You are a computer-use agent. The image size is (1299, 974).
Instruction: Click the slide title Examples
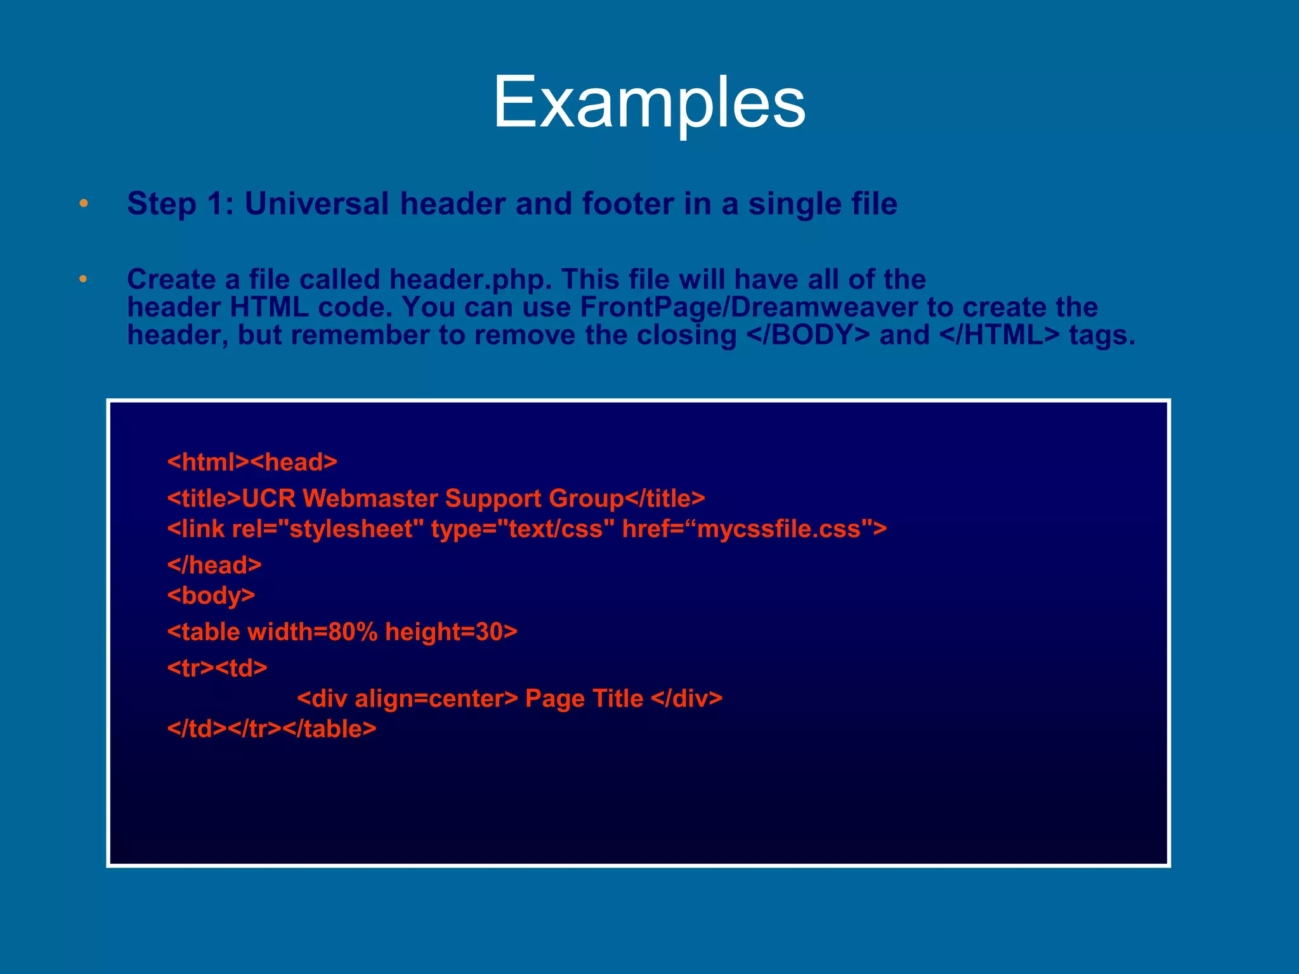click(x=649, y=102)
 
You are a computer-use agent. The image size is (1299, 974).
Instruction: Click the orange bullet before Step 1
click(x=83, y=204)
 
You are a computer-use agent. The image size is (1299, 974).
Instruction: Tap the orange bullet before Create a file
click(x=83, y=279)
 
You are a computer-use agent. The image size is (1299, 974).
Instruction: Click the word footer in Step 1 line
click(x=628, y=204)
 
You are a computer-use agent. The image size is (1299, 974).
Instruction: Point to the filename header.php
click(x=469, y=280)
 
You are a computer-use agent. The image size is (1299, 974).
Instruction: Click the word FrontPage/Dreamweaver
click(x=748, y=308)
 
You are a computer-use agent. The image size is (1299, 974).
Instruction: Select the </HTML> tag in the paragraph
click(x=999, y=335)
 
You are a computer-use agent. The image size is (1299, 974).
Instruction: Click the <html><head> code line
click(x=252, y=462)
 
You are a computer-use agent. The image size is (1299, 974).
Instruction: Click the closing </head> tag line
click(x=214, y=565)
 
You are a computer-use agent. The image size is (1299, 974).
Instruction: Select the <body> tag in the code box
click(x=211, y=595)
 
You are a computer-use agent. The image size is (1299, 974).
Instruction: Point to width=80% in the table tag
click(x=313, y=632)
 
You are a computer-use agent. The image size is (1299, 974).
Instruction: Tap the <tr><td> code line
click(x=218, y=668)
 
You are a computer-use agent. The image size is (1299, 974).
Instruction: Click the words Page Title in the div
click(x=584, y=699)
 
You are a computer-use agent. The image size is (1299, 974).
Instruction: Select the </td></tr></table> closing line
click(x=272, y=729)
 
